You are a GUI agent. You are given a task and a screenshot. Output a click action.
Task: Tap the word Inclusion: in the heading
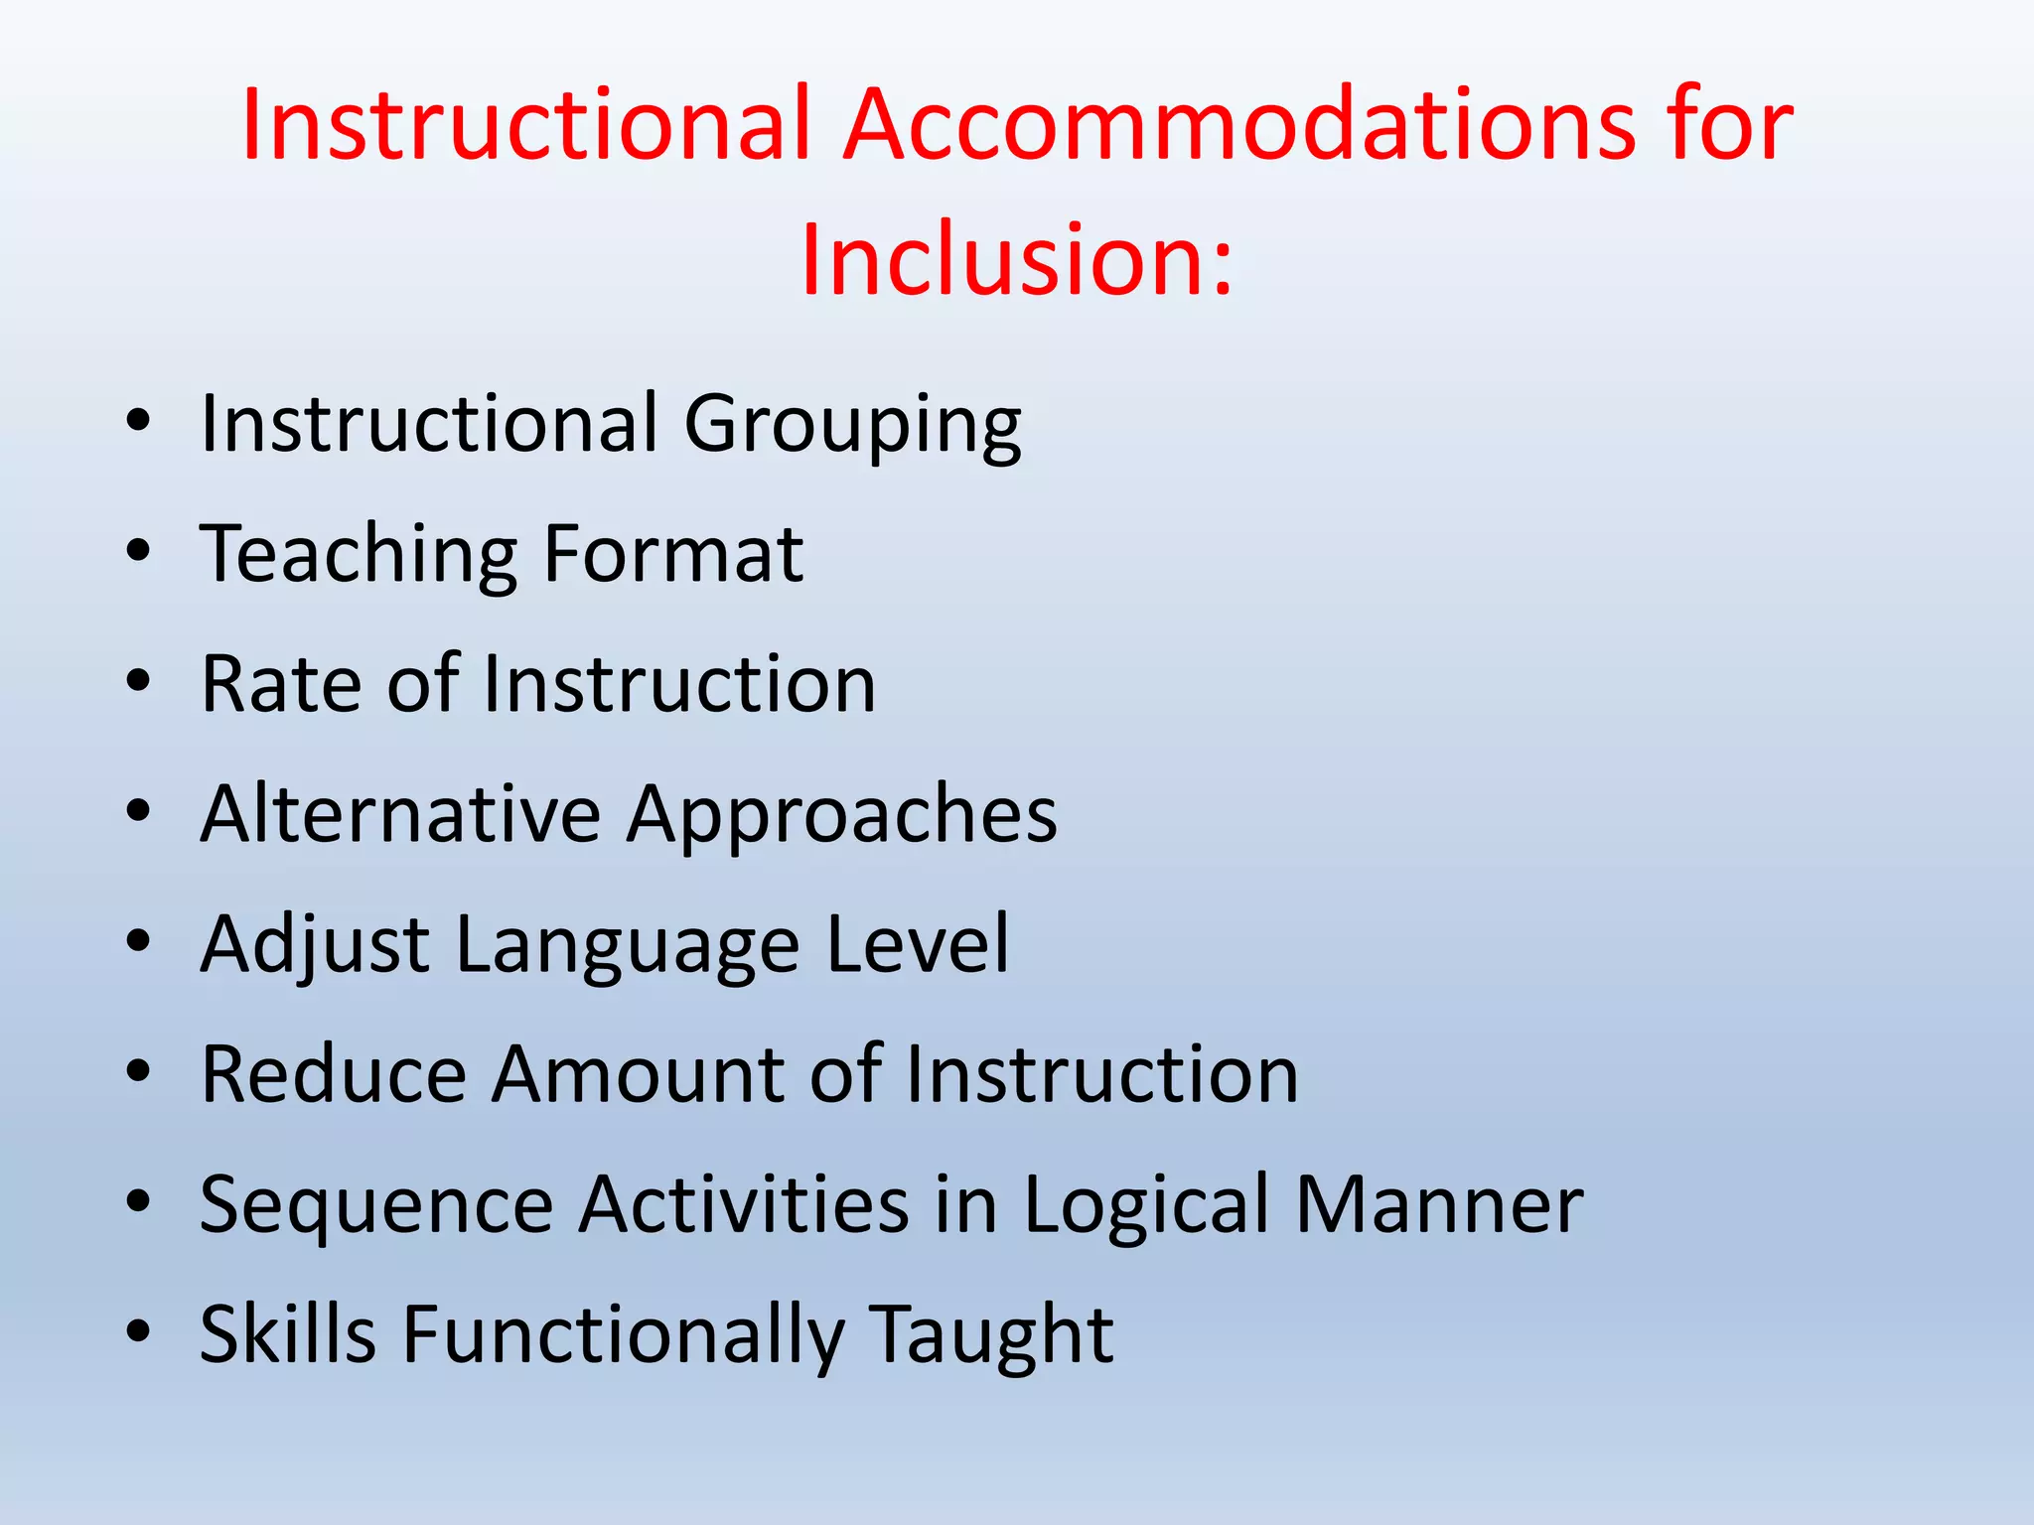(1016, 259)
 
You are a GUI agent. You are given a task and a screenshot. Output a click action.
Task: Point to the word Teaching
(359, 555)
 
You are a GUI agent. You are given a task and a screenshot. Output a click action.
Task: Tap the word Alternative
(400, 814)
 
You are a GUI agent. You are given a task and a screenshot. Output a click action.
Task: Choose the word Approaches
(842, 816)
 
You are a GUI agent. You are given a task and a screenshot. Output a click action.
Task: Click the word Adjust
(315, 945)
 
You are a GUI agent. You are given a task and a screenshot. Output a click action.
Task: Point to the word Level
(917, 944)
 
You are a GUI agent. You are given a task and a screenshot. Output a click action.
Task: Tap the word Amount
(638, 1074)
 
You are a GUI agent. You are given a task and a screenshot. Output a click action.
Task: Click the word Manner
(1439, 1205)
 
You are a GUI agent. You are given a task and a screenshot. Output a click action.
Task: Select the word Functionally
(623, 1336)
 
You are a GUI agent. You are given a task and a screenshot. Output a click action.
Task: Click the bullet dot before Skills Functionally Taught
(138, 1331)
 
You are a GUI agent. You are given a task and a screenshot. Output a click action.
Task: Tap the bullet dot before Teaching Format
(138, 551)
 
